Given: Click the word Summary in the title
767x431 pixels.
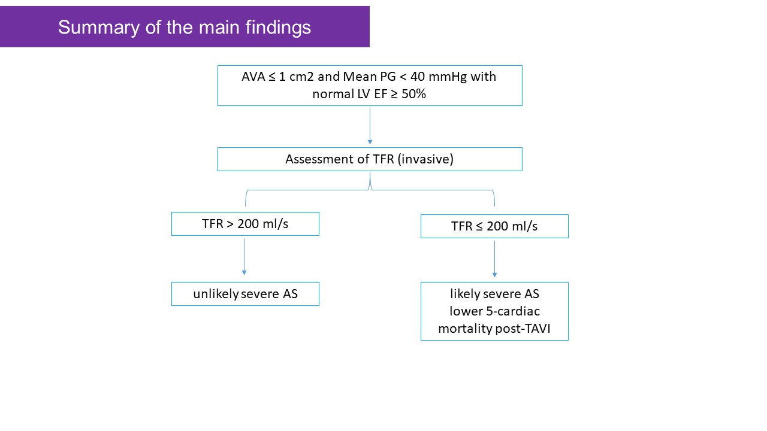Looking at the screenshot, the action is (x=99, y=28).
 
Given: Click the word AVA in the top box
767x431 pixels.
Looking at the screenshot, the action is (x=253, y=77).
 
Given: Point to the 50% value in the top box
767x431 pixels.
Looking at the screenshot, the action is (x=413, y=94).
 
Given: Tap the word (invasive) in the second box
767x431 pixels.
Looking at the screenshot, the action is (x=425, y=159).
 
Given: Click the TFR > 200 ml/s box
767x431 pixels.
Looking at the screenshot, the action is (x=245, y=224).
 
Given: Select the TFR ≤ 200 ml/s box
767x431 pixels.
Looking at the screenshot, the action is (x=494, y=226).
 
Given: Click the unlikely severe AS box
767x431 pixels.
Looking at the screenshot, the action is (x=245, y=294).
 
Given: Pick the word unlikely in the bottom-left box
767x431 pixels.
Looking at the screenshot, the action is (x=216, y=294).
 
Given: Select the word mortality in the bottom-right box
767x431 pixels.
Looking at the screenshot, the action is (x=466, y=329).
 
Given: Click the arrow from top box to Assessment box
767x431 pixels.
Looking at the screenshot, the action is (x=370, y=126).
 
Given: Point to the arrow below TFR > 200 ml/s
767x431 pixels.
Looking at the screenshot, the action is (x=244, y=257).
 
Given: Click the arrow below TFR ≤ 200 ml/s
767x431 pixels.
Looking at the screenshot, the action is (x=494, y=259).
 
